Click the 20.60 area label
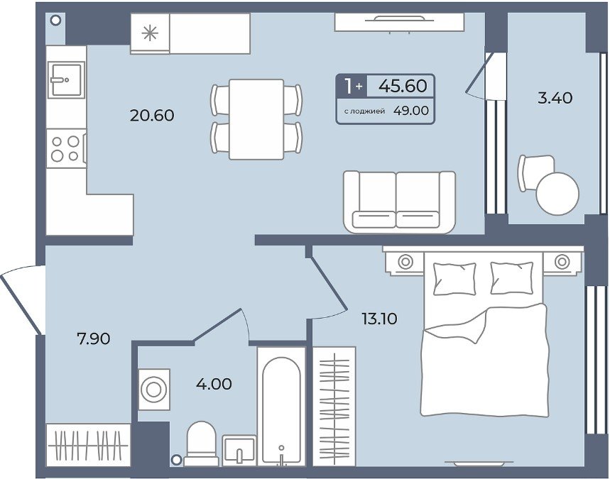pos(152,116)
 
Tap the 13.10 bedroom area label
pos(379,319)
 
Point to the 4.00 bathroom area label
pos(214,384)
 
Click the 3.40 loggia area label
pos(555,98)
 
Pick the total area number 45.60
pos(403,86)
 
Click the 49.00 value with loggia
pos(411,111)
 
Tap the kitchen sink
pos(67,79)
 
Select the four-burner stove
pos(66,148)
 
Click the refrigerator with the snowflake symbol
pos(150,33)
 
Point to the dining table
pos(256,119)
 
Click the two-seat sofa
pos(400,202)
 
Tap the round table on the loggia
pos(557,193)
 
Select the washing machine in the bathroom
pos(154,389)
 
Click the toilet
pos(201,444)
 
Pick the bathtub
pos(281,411)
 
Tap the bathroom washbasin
pos(239,450)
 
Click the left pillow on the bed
pos(454,278)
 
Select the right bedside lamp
pos(562,262)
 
